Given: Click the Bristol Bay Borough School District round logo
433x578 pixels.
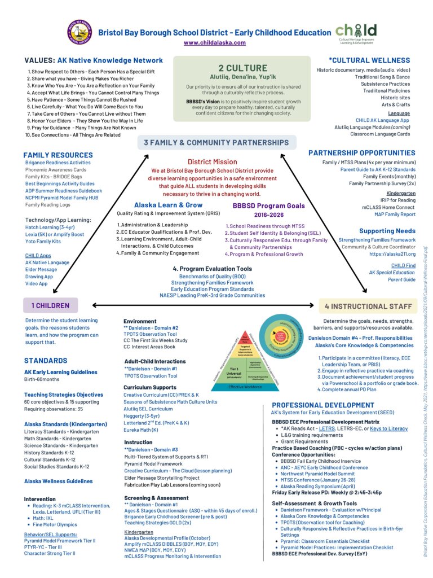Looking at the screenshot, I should tap(79, 32).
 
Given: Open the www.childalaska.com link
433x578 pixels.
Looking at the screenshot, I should tap(214, 43).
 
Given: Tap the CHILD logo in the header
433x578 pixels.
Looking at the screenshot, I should tap(356, 33).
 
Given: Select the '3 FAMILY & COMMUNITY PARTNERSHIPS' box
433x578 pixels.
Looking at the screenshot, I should tap(216, 142).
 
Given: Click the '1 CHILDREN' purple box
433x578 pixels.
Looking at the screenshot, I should tap(50, 305).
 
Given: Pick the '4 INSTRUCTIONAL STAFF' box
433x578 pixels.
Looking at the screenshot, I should tap(368, 306).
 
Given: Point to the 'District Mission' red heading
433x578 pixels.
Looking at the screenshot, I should tap(216, 161).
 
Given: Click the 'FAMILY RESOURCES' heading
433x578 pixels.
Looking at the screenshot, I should tap(58, 155).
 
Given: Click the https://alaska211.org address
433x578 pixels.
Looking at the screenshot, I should tap(392, 254).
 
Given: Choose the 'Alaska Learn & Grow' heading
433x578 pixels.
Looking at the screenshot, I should tap(169, 205).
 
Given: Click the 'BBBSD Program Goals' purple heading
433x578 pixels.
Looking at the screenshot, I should tap(268, 206).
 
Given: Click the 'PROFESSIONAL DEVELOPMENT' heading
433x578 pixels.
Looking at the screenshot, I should tap(322, 405).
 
